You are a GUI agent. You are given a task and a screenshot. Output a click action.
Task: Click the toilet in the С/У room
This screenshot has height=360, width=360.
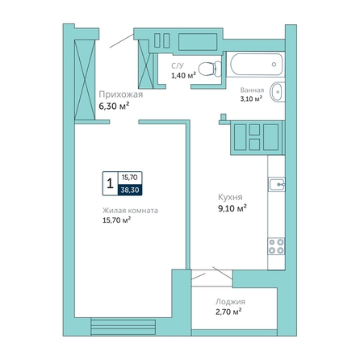(x=210, y=69)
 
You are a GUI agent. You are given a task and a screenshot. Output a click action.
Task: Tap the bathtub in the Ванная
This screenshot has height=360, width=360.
(x=256, y=65)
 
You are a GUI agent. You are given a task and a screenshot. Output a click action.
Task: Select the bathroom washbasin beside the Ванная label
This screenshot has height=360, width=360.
(x=278, y=92)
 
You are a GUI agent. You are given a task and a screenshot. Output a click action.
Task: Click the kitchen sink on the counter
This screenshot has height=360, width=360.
(x=277, y=185)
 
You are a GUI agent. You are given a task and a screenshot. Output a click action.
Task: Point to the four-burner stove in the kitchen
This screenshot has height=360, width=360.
(x=276, y=246)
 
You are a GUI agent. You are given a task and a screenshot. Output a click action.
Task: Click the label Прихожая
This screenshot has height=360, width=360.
(x=121, y=94)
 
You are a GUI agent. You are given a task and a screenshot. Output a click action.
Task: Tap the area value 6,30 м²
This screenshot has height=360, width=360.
(x=114, y=106)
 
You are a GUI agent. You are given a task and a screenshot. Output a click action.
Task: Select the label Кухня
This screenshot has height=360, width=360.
(x=230, y=197)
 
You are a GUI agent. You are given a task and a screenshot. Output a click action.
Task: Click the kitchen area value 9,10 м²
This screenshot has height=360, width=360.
(x=232, y=208)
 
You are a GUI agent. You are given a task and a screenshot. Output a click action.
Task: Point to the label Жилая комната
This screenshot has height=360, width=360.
(x=130, y=211)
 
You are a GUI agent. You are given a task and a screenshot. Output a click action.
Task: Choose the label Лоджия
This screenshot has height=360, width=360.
(x=230, y=302)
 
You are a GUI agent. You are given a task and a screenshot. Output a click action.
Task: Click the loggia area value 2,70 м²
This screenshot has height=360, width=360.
(x=228, y=312)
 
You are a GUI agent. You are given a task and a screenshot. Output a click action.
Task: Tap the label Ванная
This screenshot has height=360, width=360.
(x=252, y=90)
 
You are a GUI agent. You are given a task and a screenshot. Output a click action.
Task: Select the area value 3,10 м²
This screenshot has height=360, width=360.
(x=251, y=98)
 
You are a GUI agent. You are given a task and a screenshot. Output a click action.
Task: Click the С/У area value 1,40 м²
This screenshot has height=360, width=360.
(x=183, y=75)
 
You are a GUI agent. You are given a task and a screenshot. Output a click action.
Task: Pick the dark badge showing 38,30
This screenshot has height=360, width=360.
(x=130, y=190)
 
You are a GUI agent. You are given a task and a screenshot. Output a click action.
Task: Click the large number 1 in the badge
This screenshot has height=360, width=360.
(x=110, y=184)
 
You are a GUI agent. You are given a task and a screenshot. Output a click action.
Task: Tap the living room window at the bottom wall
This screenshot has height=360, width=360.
(x=123, y=327)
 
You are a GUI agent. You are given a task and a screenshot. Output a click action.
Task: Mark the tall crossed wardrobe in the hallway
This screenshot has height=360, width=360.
(x=85, y=80)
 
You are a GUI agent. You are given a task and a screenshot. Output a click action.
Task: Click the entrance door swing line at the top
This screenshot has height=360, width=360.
(x=122, y=41)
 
